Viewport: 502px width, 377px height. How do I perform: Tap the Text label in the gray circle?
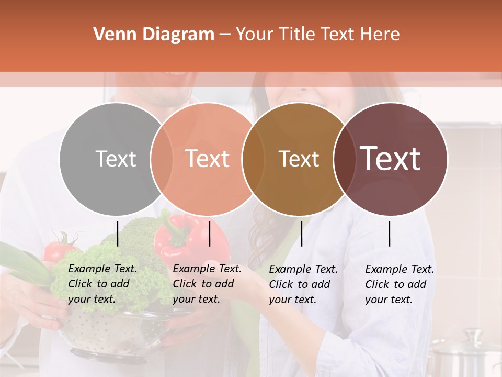pos(116,159)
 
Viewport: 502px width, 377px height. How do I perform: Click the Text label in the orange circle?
pos(207,159)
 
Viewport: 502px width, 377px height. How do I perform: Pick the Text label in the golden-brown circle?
pos(299,159)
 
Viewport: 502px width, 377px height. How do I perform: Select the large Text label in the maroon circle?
pos(390,159)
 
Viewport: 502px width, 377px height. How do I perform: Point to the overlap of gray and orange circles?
pos(162,159)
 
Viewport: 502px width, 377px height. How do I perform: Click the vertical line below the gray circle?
pos(118,234)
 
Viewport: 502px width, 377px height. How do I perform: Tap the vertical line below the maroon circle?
pos(390,234)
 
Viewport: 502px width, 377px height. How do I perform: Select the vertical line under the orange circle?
pos(209,234)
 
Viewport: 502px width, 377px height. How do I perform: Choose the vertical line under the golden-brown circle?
pos(301,234)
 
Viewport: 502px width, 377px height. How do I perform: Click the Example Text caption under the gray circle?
pos(102,284)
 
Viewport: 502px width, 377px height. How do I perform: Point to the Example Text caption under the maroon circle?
pos(400,284)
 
